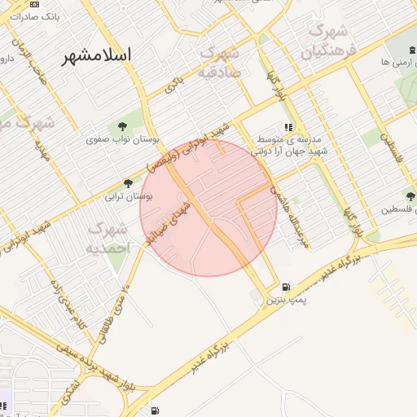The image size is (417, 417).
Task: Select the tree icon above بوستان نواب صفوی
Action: point(122,125)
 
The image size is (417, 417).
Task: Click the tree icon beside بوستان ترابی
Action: point(128,182)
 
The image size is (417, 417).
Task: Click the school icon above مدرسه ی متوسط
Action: point(288,127)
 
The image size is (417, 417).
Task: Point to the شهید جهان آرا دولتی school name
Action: point(288,151)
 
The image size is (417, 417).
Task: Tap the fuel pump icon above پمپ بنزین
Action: point(285,287)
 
